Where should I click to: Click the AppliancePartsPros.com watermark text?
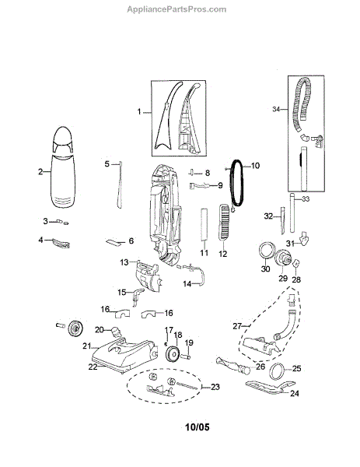tap(177, 9)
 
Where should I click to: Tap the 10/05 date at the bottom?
tap(197, 427)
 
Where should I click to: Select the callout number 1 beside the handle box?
tap(139, 111)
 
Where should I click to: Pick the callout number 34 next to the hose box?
tap(276, 109)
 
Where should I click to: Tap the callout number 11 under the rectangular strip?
tap(204, 252)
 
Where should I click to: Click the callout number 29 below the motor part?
tap(283, 278)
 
